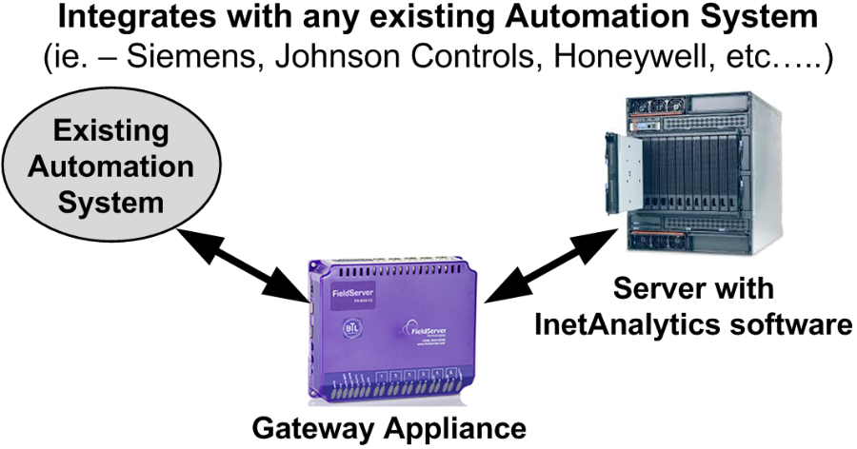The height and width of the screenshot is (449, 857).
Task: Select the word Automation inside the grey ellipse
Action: [109, 167]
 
